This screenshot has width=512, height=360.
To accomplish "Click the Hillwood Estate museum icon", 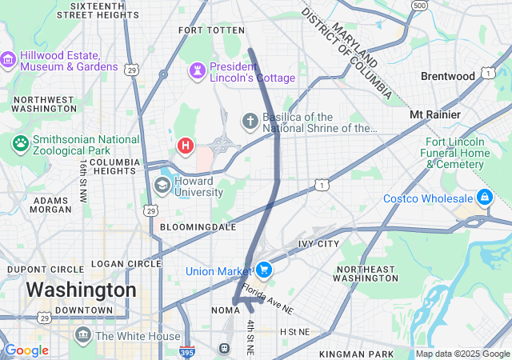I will click(x=9, y=61).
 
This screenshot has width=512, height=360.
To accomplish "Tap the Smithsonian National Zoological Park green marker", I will click(x=20, y=144).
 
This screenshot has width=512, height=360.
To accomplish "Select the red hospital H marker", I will click(x=186, y=146).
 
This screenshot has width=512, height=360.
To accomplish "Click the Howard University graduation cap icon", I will click(x=162, y=186).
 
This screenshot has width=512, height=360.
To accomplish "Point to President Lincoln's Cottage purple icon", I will click(x=197, y=72).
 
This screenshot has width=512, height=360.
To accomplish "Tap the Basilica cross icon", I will click(x=250, y=122).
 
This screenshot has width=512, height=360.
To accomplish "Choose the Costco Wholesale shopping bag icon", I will click(x=484, y=197).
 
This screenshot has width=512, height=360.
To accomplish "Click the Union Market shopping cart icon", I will click(x=263, y=271).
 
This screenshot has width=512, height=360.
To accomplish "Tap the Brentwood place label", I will click(x=448, y=76).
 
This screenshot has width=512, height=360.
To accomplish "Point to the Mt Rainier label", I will click(x=435, y=114).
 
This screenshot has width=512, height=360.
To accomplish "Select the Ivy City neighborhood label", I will click(x=318, y=243).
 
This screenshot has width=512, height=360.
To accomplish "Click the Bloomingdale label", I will click(x=198, y=227).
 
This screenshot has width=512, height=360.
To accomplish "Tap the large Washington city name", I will click(x=81, y=290).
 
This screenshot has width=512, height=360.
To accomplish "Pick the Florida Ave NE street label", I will click(x=268, y=298).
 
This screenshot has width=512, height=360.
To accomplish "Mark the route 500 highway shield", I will click(x=419, y=6).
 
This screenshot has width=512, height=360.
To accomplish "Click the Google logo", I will click(x=27, y=350).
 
